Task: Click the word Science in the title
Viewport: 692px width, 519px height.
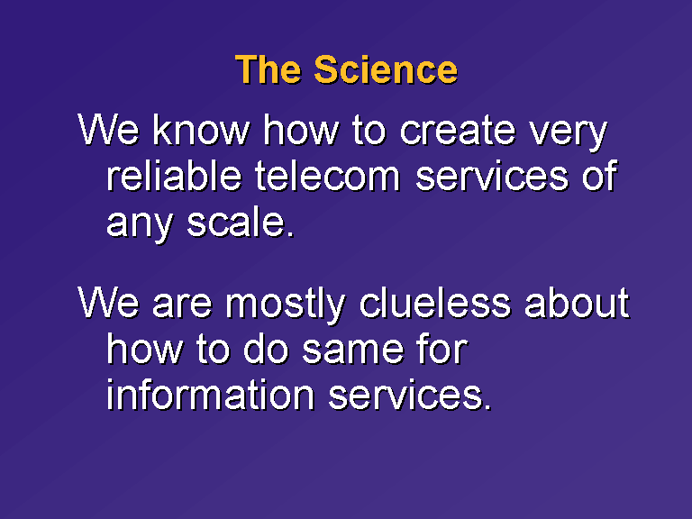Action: tap(386, 69)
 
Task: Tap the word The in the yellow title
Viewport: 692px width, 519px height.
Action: tap(269, 69)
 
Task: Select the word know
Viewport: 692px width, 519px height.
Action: tap(202, 131)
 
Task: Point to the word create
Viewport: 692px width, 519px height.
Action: tap(457, 132)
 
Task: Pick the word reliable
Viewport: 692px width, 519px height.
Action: tap(174, 176)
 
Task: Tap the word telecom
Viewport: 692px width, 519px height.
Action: tap(327, 177)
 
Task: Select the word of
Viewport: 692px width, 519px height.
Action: tap(599, 176)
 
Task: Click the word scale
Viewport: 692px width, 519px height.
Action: tap(241, 222)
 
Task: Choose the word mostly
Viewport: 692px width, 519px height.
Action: tap(286, 305)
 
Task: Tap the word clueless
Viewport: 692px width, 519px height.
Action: tap(435, 304)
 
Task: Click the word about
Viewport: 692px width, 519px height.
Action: tap(577, 304)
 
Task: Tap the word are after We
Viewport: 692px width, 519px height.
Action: tap(182, 305)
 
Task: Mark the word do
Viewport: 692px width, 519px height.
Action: tap(266, 349)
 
